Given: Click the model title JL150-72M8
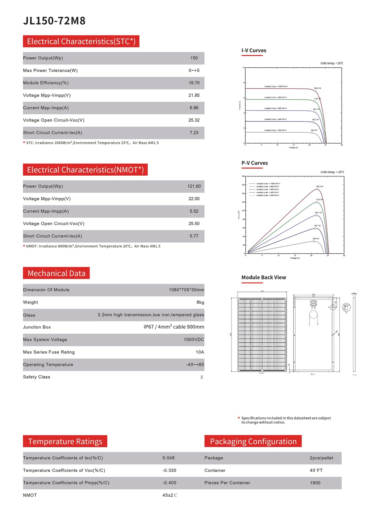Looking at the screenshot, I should point(54,21).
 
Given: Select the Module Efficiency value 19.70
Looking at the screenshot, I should point(194,83).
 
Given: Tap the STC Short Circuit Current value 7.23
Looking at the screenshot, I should point(194,133).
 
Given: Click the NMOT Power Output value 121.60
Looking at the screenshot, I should point(194,186).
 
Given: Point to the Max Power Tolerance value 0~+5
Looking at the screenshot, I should point(194,71).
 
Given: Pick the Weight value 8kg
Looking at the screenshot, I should point(200,302).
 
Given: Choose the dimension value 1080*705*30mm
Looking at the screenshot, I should point(186,290).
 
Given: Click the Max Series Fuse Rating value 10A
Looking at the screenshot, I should point(200,352).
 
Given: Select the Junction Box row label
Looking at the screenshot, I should point(37,327).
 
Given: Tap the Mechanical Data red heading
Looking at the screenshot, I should point(56,274).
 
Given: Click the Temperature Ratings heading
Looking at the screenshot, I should point(65,442).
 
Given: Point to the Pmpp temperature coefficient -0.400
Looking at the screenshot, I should point(169,483).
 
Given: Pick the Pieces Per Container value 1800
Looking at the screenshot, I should point(315,483).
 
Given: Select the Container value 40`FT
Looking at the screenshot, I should point(316,470).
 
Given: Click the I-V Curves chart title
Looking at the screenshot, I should point(254,50).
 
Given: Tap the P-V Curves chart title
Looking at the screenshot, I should point(255,163).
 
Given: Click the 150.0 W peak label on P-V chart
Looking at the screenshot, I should point(319,186).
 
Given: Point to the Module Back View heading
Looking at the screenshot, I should point(264,278).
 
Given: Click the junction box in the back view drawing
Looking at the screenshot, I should point(313,303).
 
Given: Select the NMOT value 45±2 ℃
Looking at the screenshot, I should point(170,495).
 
